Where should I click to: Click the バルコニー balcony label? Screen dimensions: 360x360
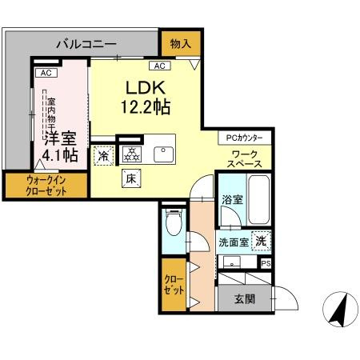pyautogui.click(x=86, y=44)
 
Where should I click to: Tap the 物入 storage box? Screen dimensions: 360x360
pyautogui.click(x=181, y=43)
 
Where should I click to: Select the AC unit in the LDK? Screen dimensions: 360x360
pyautogui.click(x=160, y=66)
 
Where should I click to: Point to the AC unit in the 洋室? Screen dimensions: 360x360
pyautogui.click(x=46, y=73)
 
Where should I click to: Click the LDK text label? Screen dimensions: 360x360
pyautogui.click(x=146, y=88)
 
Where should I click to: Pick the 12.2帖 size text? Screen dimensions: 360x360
pyautogui.click(x=146, y=106)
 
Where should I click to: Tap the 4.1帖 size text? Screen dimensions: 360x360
pyautogui.click(x=60, y=155)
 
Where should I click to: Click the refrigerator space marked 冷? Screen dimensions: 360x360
pyautogui.click(x=104, y=156)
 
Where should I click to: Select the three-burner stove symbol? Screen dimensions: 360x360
pyautogui.click(x=131, y=154)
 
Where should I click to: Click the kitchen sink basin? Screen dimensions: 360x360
pyautogui.click(x=163, y=154)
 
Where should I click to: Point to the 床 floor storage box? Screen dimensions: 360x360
pyautogui.click(x=131, y=178)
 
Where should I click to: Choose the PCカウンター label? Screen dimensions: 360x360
pyautogui.click(x=245, y=138)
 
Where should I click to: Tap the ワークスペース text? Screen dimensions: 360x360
pyautogui.click(x=245, y=159)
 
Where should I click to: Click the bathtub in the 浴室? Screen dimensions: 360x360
pyautogui.click(x=258, y=200)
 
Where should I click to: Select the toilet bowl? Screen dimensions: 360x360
pyautogui.click(x=174, y=222)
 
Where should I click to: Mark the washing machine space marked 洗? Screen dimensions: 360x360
pyautogui.click(x=261, y=241)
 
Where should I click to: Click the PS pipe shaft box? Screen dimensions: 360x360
pyautogui.click(x=266, y=264)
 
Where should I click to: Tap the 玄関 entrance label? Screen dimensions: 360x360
pyautogui.click(x=245, y=299)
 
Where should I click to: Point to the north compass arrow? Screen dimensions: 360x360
pyautogui.click(x=339, y=309)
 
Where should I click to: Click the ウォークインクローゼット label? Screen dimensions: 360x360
pyautogui.click(x=46, y=186)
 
